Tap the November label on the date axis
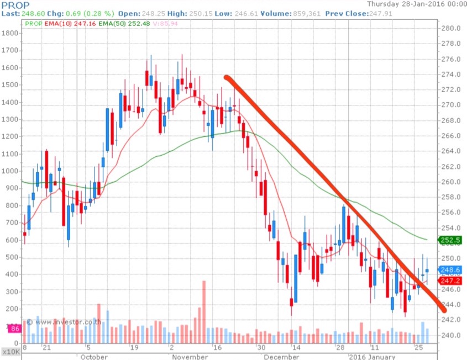190,357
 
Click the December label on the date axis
282,357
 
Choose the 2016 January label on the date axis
371,357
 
